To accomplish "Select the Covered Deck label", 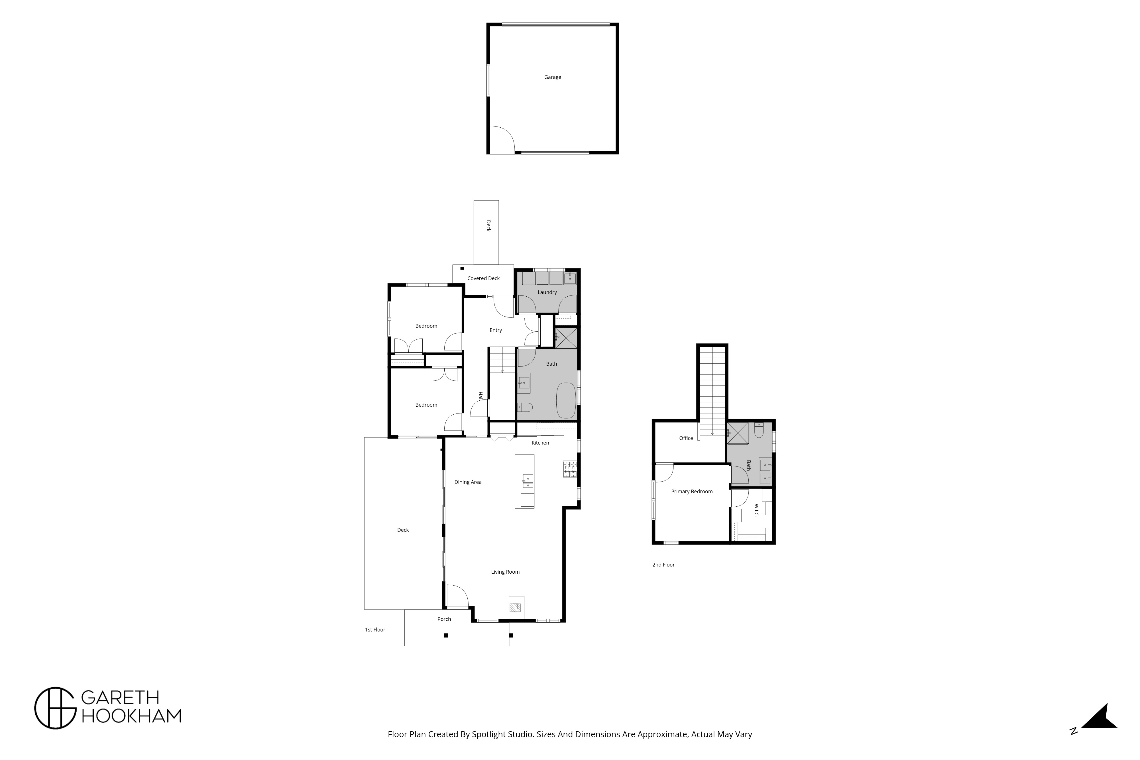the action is [x=483, y=278].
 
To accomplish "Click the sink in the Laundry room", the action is [x=570, y=278].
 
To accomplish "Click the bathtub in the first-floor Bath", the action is [x=566, y=400].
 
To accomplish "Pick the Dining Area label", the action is [x=468, y=482].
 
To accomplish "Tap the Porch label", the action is [x=444, y=619].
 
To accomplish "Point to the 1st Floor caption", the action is [x=375, y=629].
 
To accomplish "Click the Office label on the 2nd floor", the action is [x=686, y=438].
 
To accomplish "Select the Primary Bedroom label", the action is [x=692, y=492].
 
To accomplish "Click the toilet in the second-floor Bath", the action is [x=759, y=430].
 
